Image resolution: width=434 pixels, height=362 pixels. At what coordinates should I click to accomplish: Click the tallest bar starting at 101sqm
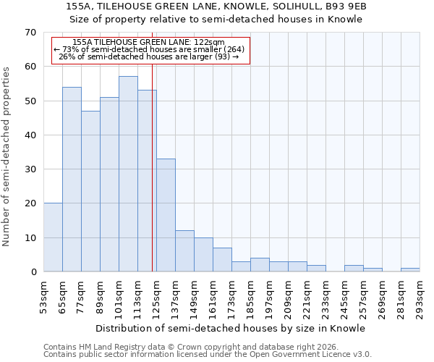coord(128,174)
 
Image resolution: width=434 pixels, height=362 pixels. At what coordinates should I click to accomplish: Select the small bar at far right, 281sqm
coord(410,270)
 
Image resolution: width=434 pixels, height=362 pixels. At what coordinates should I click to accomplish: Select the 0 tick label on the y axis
coord(33,272)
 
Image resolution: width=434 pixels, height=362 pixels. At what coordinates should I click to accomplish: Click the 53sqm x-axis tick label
coord(43,297)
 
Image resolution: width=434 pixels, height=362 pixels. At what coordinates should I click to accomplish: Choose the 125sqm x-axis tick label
coord(156,297)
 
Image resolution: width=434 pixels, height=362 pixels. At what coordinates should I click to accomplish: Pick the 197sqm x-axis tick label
coord(269,297)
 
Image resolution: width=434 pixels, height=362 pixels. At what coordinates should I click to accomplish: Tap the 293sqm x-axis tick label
coord(420,297)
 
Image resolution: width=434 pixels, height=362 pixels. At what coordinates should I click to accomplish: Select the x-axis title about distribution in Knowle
coord(231,328)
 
